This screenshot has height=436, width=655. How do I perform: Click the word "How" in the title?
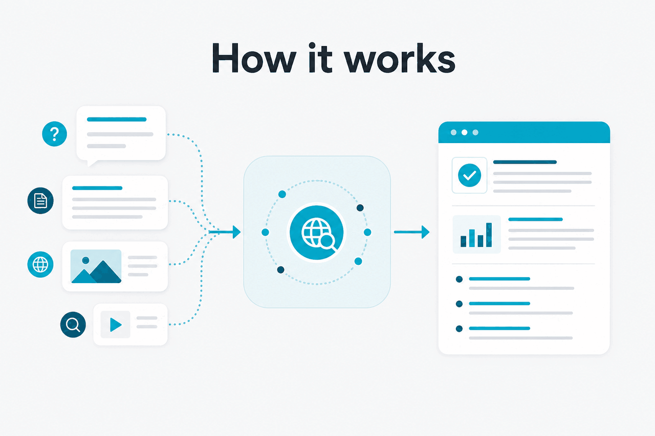point(254,58)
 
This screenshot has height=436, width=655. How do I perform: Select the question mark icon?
point(54,134)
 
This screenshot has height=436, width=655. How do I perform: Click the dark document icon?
point(40,201)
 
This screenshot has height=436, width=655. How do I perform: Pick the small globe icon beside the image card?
point(40,264)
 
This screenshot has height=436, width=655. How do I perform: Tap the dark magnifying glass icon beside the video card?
point(73,325)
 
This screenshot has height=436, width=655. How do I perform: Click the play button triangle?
point(116,325)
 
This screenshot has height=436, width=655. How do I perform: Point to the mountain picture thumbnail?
point(96,266)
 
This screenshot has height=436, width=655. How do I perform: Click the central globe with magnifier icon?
point(317,233)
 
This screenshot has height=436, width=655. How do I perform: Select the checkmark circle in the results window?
point(469,175)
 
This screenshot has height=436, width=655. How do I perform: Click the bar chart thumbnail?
point(476,234)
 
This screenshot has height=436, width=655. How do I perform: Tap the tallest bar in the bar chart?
point(489,235)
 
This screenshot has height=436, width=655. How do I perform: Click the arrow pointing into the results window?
point(412,232)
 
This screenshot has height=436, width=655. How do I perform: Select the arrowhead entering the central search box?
point(236,232)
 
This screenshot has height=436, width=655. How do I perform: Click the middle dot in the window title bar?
point(464,132)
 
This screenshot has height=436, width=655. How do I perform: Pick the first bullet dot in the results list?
point(460,279)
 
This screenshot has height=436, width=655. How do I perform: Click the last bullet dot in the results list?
point(460,329)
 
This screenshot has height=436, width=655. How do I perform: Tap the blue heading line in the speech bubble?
point(117,119)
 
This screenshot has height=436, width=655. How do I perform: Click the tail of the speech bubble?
point(91,163)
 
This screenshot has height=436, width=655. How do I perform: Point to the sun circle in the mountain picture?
point(85,260)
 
